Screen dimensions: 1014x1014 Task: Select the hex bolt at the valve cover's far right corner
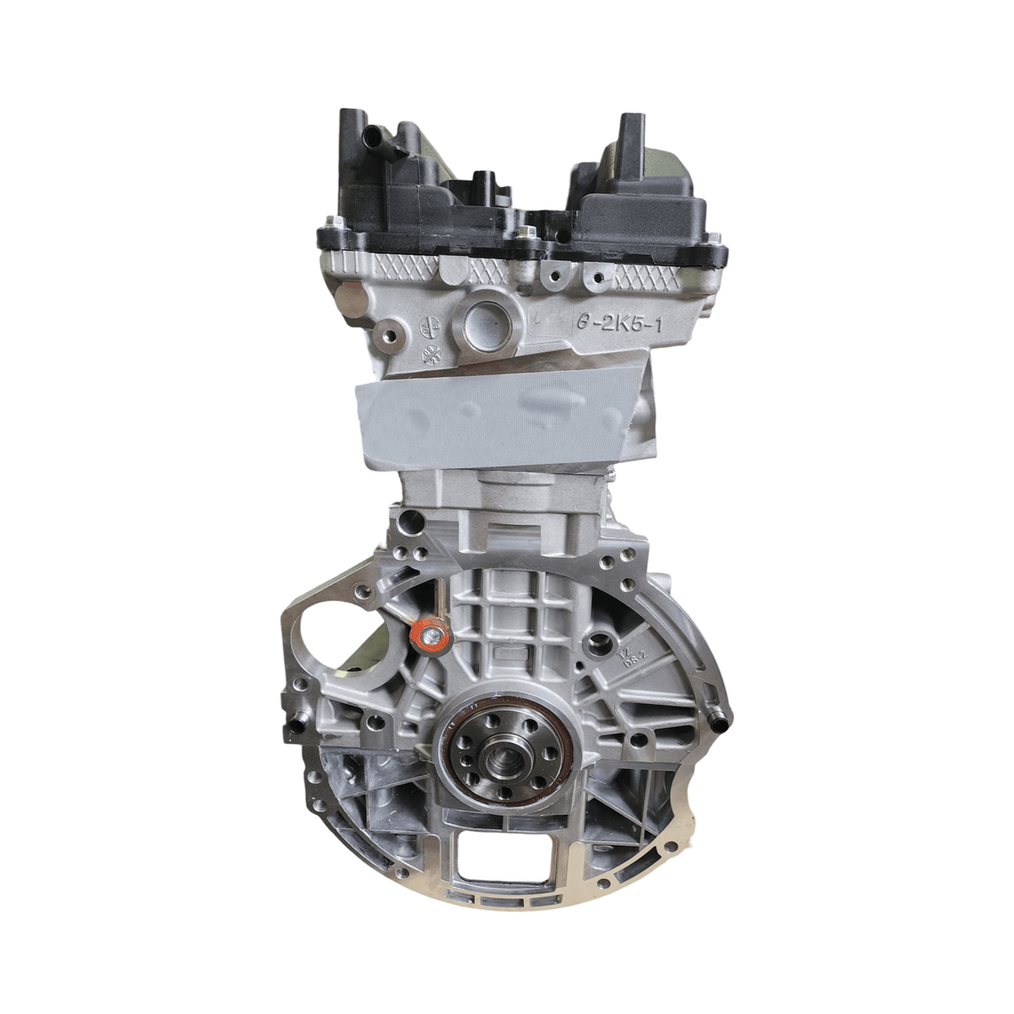[x=715, y=250]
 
